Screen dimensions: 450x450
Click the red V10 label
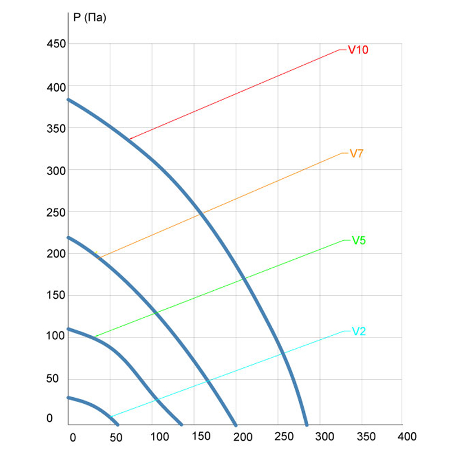click(358, 50)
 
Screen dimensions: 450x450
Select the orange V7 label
click(357, 153)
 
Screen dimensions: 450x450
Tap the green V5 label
click(359, 241)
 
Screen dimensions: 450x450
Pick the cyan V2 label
click(359, 331)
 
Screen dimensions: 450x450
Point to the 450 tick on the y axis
click(56, 44)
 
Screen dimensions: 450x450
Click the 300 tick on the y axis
click(56, 170)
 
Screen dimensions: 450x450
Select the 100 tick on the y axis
click(56, 336)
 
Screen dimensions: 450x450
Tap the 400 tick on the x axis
click(407, 436)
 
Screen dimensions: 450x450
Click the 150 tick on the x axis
click(201, 436)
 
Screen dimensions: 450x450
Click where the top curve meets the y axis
click(68, 100)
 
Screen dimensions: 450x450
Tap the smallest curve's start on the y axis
click(68, 397)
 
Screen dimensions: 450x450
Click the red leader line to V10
click(236, 94)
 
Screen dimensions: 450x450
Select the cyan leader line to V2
click(225, 374)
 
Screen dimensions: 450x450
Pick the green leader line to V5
click(219, 289)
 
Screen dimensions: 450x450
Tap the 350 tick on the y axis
click(56, 128)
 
